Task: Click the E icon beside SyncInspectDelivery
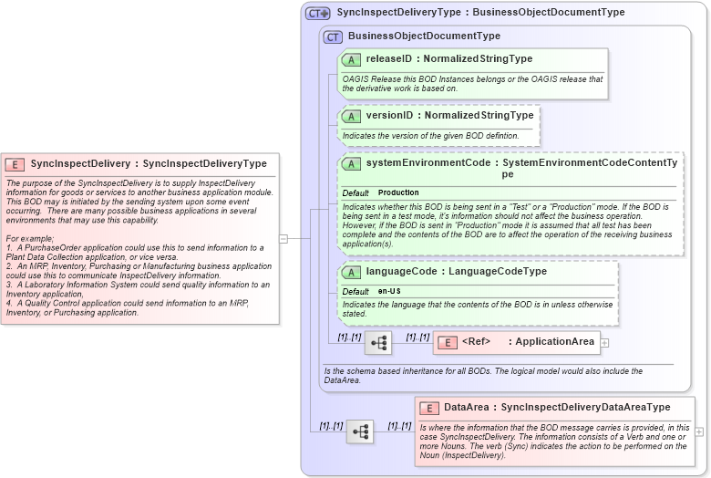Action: coord(15,164)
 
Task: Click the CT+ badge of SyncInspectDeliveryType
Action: coord(318,14)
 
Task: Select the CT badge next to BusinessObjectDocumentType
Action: coord(334,36)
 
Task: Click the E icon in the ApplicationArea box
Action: coord(448,342)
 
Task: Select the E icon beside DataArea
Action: coord(429,407)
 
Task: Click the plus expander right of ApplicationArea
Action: coord(604,343)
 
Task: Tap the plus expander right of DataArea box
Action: coord(699,431)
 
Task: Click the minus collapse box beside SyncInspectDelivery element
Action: coord(283,239)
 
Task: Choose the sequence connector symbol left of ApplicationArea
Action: coord(377,343)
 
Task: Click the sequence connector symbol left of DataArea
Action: coord(359,431)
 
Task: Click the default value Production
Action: coord(398,193)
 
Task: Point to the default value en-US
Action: coord(389,291)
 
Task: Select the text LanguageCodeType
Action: coord(498,272)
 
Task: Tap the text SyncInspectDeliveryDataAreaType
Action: coord(585,407)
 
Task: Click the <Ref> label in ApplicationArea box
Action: coord(476,342)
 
